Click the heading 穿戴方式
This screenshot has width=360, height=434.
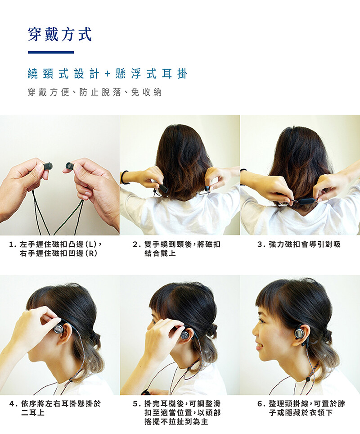pyautogui.click(x=60, y=34)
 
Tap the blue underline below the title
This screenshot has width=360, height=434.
pyautogui.click(x=51, y=52)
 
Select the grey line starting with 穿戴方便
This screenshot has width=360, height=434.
pyautogui.click(x=94, y=92)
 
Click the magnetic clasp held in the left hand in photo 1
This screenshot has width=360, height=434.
pyautogui.click(x=48, y=166)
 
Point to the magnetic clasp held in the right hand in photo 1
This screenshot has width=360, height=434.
pyautogui.click(x=70, y=166)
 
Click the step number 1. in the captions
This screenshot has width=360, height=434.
pyautogui.click(x=13, y=244)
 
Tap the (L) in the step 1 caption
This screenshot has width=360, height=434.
pyautogui.click(x=91, y=244)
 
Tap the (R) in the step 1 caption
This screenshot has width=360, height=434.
pyautogui.click(x=91, y=253)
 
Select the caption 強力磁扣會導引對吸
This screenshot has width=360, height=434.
pyautogui.click(x=304, y=244)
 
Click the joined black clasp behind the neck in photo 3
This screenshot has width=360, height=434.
pyautogui.click(x=306, y=201)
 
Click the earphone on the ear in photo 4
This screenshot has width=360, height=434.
pyautogui.click(x=58, y=330)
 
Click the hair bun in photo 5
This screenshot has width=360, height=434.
pyautogui.click(x=211, y=330)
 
